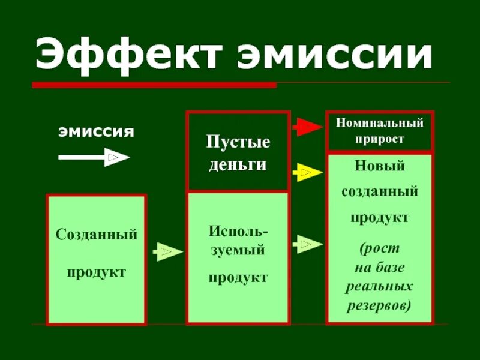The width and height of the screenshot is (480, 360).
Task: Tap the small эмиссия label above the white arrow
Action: click(96, 131)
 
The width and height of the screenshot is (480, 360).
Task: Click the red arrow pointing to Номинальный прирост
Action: click(307, 127)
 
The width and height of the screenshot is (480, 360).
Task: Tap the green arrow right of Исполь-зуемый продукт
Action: click(307, 244)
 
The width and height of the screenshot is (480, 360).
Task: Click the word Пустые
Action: click(238, 143)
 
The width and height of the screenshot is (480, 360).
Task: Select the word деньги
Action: click(238, 165)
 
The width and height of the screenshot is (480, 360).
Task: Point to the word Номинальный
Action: click(379, 123)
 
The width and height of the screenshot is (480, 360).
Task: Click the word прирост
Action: click(379, 139)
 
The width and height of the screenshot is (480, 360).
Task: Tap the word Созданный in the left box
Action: click(97, 235)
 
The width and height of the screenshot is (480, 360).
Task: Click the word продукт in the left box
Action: click(96, 272)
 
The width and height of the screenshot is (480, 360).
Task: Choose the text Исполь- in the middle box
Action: click(238, 231)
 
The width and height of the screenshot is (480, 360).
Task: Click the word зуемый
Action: click(238, 251)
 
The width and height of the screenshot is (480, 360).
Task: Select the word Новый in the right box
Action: click(379, 166)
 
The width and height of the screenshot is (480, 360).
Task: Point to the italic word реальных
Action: click(379, 286)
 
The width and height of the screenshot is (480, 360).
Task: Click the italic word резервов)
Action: click(379, 305)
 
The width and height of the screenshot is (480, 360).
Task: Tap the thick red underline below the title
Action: click(154, 85)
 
